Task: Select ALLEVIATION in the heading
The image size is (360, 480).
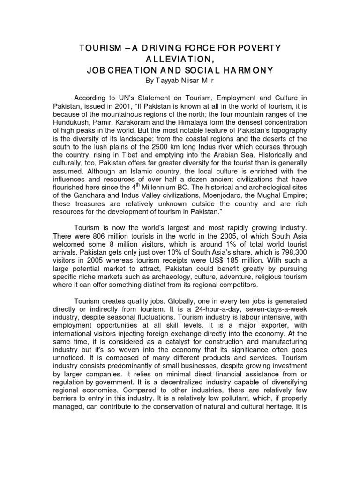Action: point(180,60)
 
